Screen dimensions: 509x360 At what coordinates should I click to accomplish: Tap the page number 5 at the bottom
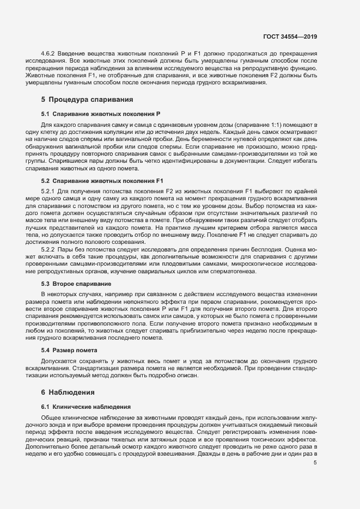pos(315,463)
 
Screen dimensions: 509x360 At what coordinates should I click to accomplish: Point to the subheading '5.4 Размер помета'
pos(69,350)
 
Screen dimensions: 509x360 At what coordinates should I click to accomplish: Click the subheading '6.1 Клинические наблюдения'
pos(86,407)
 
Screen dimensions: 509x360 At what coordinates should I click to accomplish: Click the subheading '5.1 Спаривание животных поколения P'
pos(100,114)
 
